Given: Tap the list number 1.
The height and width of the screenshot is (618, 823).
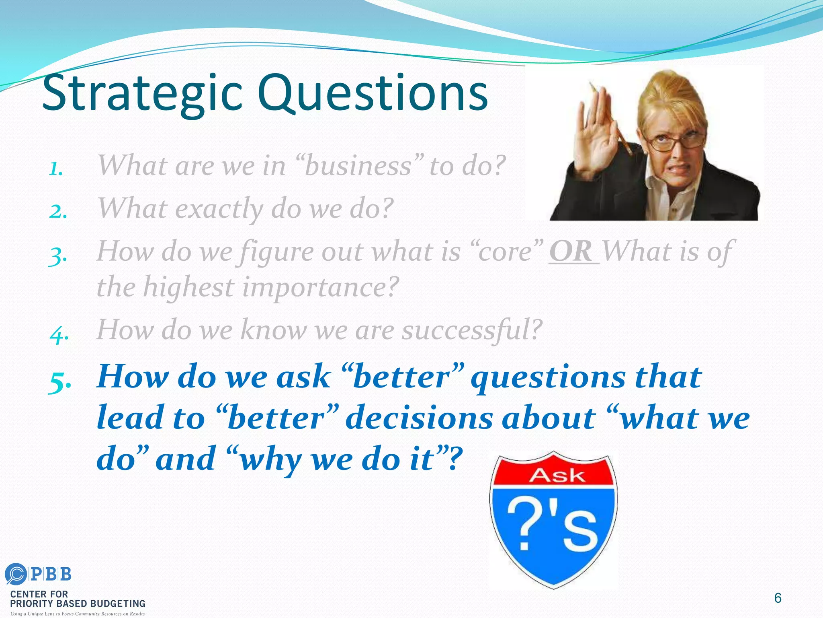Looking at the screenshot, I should pyautogui.click(x=56, y=169).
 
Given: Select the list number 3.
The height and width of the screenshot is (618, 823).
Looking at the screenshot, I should pyautogui.click(x=57, y=256).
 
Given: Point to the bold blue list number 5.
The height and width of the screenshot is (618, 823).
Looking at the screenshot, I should pyautogui.click(x=59, y=381).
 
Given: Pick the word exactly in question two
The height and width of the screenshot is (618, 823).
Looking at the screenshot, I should pyautogui.click(x=219, y=209).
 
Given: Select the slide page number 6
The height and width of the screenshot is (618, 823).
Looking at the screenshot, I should pyautogui.click(x=778, y=598).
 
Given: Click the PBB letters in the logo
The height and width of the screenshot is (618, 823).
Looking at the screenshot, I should pyautogui.click(x=51, y=574).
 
